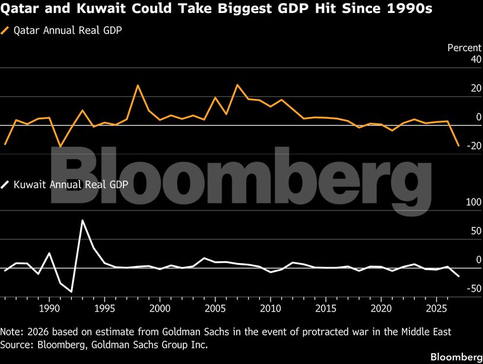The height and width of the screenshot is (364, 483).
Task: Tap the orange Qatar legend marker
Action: [x=6, y=30]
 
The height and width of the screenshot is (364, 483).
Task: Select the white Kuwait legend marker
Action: [x=6, y=184]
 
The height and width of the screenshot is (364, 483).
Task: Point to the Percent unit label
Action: [x=464, y=48]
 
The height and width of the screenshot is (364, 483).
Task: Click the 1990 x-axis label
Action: [x=49, y=309]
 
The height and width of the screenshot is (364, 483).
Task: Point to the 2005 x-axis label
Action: [x=215, y=309]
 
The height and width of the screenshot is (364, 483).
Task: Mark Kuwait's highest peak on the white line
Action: [x=82, y=220]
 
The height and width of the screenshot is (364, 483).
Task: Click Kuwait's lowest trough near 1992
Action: [x=71, y=292]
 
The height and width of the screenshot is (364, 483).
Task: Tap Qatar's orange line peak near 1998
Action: [x=138, y=86]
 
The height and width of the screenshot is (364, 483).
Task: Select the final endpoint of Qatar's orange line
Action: [x=458, y=145]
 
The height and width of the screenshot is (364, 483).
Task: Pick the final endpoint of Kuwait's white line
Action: [x=458, y=276]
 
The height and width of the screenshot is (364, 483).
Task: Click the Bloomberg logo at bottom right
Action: [x=455, y=356]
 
